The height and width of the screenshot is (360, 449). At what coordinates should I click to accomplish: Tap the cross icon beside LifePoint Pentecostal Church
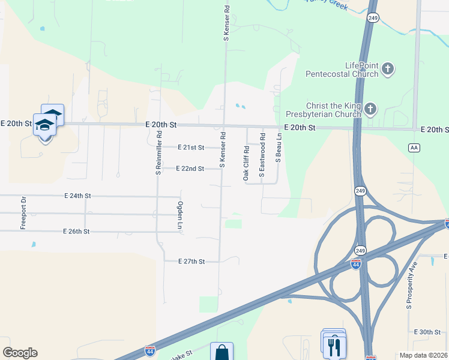[x=388, y=68]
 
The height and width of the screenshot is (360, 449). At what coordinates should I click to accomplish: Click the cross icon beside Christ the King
[x=371, y=109]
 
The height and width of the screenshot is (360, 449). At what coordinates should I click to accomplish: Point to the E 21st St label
[x=191, y=147]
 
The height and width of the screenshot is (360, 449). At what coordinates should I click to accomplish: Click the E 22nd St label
[x=190, y=169]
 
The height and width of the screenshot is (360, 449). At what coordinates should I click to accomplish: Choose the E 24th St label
[x=77, y=196]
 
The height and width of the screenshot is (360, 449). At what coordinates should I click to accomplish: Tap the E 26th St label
[x=76, y=232]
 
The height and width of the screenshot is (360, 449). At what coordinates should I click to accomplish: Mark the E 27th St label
[x=191, y=262]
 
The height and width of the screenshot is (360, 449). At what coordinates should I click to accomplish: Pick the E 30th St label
[x=427, y=332]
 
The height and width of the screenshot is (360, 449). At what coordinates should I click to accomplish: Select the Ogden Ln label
[x=179, y=216]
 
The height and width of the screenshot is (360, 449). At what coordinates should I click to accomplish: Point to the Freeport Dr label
[x=24, y=213]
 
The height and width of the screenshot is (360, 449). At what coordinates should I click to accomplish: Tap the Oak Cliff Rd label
[x=246, y=163]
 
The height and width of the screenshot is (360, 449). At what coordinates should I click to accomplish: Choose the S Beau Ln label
[x=279, y=148]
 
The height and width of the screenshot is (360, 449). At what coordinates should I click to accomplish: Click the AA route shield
[x=414, y=147]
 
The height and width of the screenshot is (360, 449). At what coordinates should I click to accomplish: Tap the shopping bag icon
[x=221, y=352]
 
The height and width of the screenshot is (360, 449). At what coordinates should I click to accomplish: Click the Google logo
[x=20, y=353]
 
